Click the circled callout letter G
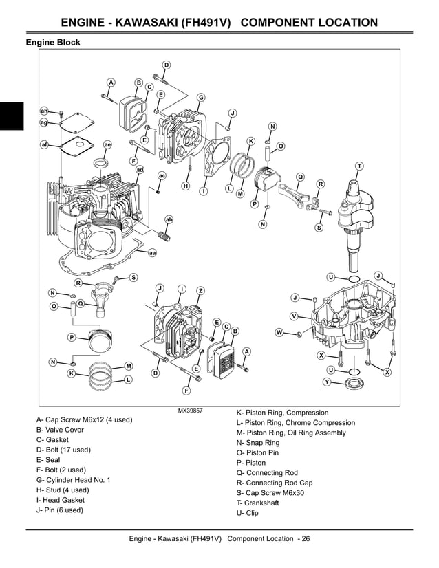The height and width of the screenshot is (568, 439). click(x=201, y=97)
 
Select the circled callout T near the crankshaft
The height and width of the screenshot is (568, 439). click(x=359, y=167)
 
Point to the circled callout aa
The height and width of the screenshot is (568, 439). click(x=152, y=253)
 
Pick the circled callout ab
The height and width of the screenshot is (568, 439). click(x=169, y=219)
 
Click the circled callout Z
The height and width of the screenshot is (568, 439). click(x=200, y=291)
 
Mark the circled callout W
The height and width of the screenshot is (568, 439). click(x=279, y=333)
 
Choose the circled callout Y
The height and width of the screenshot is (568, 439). click(x=327, y=381)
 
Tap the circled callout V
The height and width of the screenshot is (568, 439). click(x=294, y=316)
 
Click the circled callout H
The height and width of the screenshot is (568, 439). click(x=185, y=186)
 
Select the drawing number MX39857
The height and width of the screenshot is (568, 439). click(x=190, y=411)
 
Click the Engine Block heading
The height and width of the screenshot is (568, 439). click(x=53, y=43)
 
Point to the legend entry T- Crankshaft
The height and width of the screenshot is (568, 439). click(x=257, y=503)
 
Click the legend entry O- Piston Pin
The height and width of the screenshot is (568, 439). click(x=257, y=453)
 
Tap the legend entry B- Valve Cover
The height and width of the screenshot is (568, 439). click(x=60, y=430)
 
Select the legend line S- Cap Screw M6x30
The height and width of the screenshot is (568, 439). click(x=270, y=493)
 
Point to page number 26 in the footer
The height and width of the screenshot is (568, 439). click(x=305, y=538)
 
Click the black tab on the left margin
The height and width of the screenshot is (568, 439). click(x=12, y=116)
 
